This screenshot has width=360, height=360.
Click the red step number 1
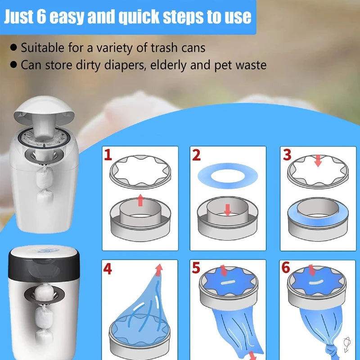pos(108,155)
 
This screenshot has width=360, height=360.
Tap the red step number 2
pos(196,155)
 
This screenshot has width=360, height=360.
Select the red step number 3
pos(288,155)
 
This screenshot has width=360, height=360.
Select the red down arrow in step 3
pos(318,160)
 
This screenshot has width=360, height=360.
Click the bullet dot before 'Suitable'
pos(14,47)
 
